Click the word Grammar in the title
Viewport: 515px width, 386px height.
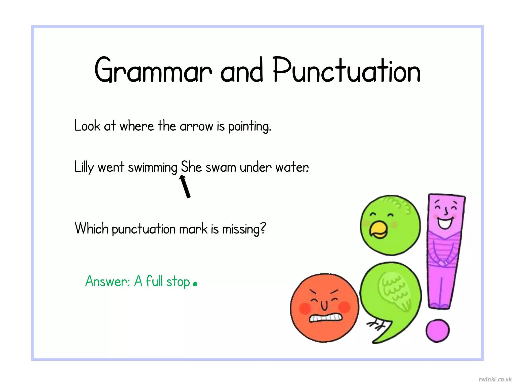153,70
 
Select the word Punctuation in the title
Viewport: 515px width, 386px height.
347,70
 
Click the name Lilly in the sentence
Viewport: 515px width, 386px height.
84,167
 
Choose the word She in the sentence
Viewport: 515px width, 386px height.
191,166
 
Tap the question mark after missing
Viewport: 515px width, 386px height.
263,228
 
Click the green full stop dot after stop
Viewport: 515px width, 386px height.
195,284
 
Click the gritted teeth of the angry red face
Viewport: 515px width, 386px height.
325,318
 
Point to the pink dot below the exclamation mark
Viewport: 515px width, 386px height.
437,330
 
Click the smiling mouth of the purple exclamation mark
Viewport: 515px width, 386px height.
445,223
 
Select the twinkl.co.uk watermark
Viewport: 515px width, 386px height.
495,379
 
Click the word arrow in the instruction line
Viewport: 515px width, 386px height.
196,126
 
